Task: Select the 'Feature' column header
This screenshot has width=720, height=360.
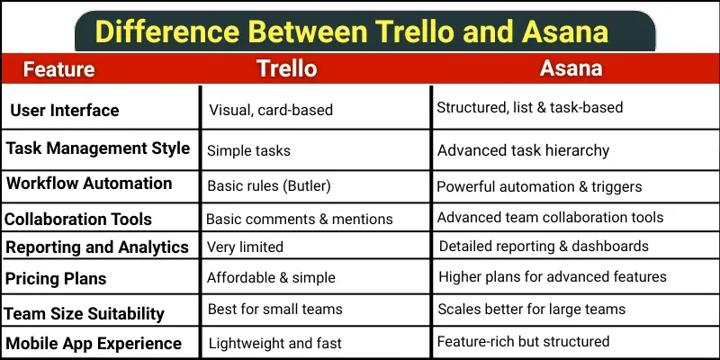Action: coord(58,69)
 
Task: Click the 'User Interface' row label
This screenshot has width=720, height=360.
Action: coord(65,111)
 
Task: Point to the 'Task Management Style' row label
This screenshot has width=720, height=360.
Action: coord(98,148)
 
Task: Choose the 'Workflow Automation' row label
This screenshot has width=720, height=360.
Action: coord(89,184)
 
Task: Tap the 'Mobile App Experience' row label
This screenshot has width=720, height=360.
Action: coord(94,343)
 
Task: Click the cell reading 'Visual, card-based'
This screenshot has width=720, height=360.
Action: coord(271,111)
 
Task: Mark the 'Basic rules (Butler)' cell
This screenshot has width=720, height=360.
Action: coord(270,187)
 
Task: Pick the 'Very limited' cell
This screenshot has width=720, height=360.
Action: coord(245,247)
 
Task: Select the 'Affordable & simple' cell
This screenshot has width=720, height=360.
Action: coord(271,278)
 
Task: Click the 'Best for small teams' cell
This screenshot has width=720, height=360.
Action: coord(275,310)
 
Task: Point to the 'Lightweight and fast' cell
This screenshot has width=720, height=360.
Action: coord(275,343)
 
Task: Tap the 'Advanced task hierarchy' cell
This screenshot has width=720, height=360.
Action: coord(523,150)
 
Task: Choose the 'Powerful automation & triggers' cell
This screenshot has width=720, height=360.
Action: coord(539,187)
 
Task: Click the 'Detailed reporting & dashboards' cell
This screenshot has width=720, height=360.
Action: coord(544,247)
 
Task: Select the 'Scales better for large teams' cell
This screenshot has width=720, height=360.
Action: coord(535,310)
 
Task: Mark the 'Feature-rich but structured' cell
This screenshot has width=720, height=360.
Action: coord(523,342)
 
